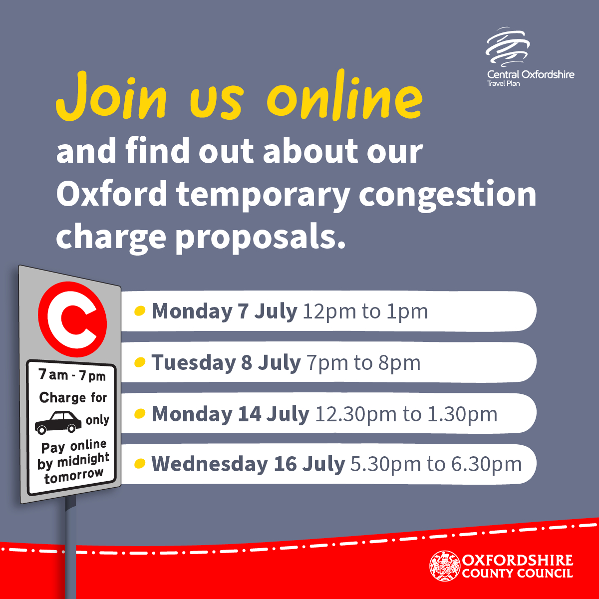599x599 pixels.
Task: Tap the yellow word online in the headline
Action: [345, 94]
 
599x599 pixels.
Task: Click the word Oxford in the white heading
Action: [112, 194]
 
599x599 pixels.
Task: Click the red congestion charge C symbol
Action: [72, 319]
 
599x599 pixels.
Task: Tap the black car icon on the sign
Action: [58, 422]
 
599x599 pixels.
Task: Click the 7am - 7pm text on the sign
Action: [72, 375]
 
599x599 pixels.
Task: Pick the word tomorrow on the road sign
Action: [74, 476]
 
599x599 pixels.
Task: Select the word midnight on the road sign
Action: [83, 460]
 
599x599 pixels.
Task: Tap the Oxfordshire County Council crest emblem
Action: [445, 570]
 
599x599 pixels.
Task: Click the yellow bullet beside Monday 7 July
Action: [140, 310]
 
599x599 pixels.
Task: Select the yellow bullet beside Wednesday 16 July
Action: [140, 463]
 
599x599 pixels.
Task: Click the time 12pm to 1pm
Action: [365, 311]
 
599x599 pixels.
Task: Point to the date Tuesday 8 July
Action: [226, 362]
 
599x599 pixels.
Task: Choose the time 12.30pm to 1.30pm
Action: [406, 414]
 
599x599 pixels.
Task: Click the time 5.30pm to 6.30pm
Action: [436, 464]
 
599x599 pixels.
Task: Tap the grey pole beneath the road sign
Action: [70, 547]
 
